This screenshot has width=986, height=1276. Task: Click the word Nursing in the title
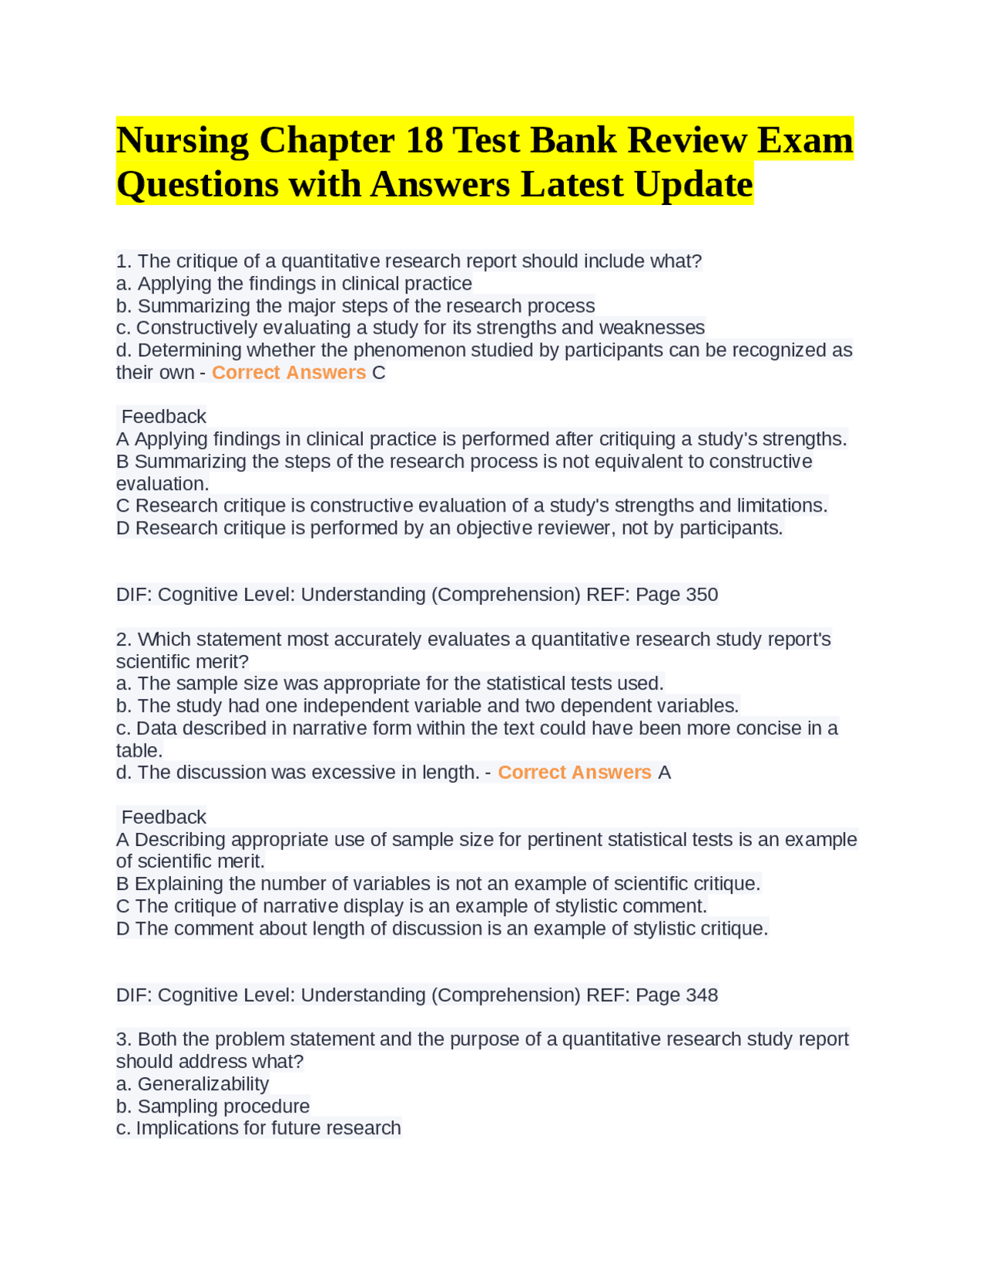(x=183, y=140)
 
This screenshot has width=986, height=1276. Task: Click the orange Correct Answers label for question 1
(x=289, y=373)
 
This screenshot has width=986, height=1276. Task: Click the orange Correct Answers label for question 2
(x=575, y=773)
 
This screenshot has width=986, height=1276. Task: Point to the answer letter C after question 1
(x=379, y=373)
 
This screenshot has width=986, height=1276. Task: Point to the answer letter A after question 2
(x=665, y=773)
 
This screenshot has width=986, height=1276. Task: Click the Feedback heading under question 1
(x=164, y=417)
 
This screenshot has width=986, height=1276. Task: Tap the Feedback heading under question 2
(x=164, y=817)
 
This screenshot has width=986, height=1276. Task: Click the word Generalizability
(x=203, y=1084)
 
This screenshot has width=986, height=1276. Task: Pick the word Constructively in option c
(x=196, y=328)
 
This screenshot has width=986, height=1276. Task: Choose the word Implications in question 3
(x=187, y=1128)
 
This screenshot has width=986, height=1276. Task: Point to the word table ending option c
(x=139, y=750)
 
